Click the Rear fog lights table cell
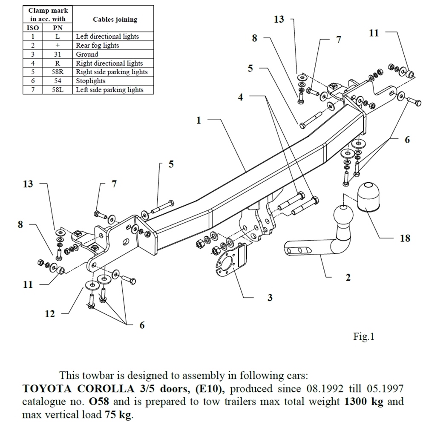click(x=98, y=45)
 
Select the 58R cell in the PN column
click(x=57, y=72)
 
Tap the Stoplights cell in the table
click(x=90, y=81)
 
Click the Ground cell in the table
click(x=87, y=54)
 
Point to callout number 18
click(x=405, y=238)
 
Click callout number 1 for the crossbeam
click(x=198, y=121)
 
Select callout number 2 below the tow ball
click(x=348, y=278)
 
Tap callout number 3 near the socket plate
click(x=270, y=298)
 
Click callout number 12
click(x=50, y=314)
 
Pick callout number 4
click(x=241, y=97)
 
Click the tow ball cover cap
click(x=368, y=197)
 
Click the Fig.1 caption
click(x=363, y=337)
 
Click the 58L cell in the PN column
click(x=57, y=90)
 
